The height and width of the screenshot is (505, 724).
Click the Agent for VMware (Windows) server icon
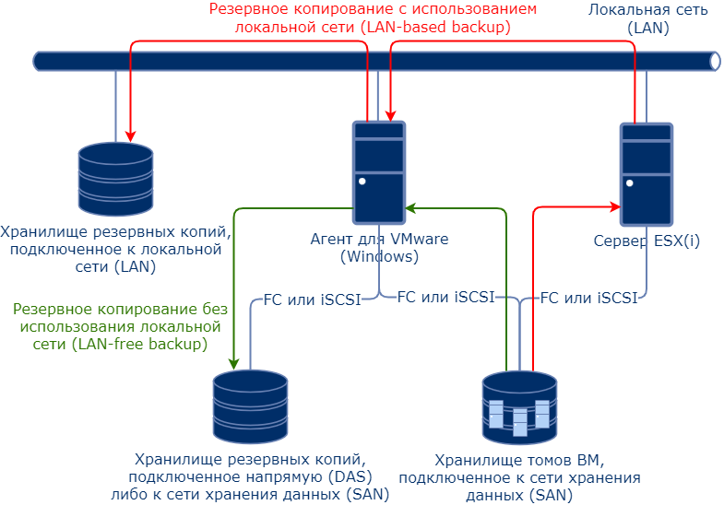pos(378,171)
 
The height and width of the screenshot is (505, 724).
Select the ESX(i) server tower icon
pos(646,173)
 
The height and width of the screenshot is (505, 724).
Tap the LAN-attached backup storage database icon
pos(115,178)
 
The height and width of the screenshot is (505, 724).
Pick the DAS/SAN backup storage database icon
pos(250,406)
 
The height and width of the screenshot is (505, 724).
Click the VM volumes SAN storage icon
pos(519,406)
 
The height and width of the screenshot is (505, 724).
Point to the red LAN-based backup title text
pos(373,18)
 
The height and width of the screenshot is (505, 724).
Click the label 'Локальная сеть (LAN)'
pos(647,18)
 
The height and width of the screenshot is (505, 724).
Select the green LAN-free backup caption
pos(121,326)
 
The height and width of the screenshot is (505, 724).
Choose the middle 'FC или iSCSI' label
pos(445,298)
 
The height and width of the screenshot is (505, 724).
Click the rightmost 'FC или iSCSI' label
pos(588,298)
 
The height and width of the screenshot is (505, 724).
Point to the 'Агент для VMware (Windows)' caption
pos(379,248)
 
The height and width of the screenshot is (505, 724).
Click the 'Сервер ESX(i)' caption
pos(647,241)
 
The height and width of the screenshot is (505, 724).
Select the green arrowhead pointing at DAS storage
pos(234,361)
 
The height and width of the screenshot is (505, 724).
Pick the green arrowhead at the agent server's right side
pos(412,209)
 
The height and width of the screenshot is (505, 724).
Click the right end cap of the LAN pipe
pos(716,61)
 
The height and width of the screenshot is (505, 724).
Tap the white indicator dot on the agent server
pos(362,182)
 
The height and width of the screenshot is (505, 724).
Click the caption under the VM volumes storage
pos(519,476)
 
